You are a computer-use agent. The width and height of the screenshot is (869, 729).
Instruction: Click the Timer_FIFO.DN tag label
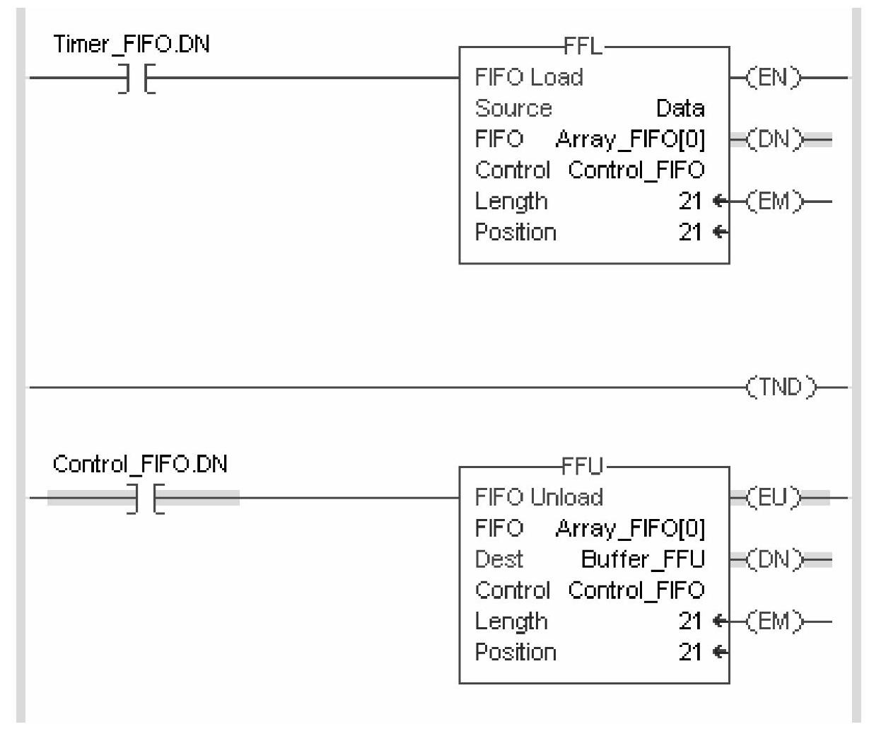(x=132, y=45)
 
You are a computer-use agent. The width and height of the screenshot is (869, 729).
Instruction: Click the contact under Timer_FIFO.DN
(x=136, y=78)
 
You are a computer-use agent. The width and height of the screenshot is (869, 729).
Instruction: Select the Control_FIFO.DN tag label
(x=140, y=465)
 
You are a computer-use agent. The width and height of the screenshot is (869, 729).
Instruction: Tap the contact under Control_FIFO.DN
(x=144, y=498)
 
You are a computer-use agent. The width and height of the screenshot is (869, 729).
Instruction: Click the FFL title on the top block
(x=583, y=47)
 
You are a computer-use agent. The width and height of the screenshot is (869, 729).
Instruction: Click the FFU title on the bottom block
(x=583, y=466)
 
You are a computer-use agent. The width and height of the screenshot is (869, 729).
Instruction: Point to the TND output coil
(x=781, y=387)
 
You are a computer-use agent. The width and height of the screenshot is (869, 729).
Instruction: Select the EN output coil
(x=775, y=77)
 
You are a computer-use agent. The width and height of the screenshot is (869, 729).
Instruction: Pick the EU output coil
(x=775, y=497)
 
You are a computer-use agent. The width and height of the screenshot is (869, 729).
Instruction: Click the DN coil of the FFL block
(x=775, y=139)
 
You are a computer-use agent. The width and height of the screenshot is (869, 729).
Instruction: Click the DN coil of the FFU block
(x=775, y=559)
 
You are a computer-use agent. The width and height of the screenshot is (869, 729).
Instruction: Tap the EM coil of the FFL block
(x=775, y=202)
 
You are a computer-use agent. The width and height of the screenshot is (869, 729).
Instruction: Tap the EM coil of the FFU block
(x=775, y=622)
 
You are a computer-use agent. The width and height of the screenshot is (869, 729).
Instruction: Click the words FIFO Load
(x=529, y=77)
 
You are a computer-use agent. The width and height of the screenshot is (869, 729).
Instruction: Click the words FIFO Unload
(x=539, y=497)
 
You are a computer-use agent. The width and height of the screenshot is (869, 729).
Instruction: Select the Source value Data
(x=680, y=108)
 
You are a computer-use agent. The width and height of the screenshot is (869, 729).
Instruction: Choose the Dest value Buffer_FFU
(x=643, y=559)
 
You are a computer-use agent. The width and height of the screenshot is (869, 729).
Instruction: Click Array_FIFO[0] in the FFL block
(x=631, y=139)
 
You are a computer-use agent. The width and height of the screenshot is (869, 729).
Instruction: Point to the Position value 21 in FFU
(x=690, y=652)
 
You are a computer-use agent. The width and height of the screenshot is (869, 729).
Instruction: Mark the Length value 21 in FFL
(x=690, y=202)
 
